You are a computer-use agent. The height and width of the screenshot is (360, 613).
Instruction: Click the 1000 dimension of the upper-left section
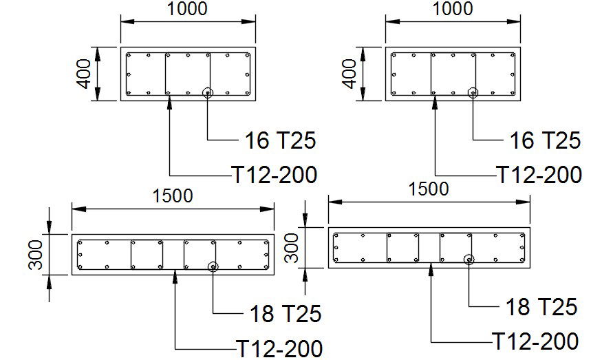(x=189, y=10)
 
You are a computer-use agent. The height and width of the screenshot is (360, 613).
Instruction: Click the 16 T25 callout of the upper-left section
(x=280, y=141)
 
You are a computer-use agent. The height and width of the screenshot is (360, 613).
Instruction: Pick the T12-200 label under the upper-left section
(x=275, y=175)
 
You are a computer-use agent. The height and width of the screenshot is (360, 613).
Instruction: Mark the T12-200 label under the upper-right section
(x=539, y=175)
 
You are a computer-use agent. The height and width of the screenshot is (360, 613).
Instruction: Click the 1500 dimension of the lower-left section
(x=173, y=195)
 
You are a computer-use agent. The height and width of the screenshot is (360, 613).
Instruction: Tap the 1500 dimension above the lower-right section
(x=428, y=189)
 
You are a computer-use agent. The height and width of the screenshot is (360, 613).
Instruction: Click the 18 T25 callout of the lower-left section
(x=284, y=314)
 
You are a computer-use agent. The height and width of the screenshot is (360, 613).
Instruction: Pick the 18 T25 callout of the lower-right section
(x=541, y=306)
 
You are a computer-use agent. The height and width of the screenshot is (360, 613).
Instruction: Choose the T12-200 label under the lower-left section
(x=279, y=347)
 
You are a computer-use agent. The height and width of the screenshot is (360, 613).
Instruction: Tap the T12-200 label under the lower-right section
(x=535, y=340)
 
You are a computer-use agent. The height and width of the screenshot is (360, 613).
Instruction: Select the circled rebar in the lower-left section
(x=213, y=267)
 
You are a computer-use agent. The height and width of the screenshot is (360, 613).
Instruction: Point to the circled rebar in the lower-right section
(x=469, y=260)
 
